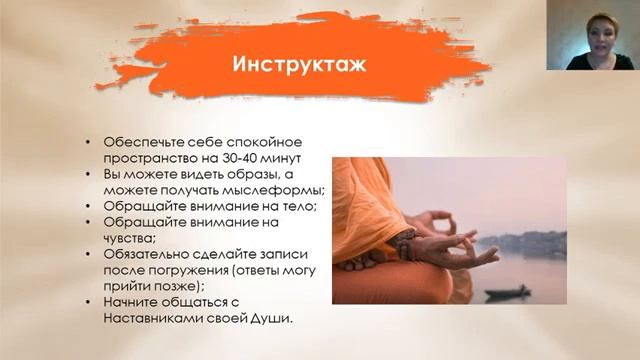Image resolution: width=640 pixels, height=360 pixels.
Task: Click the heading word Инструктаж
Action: tap(299, 66)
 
